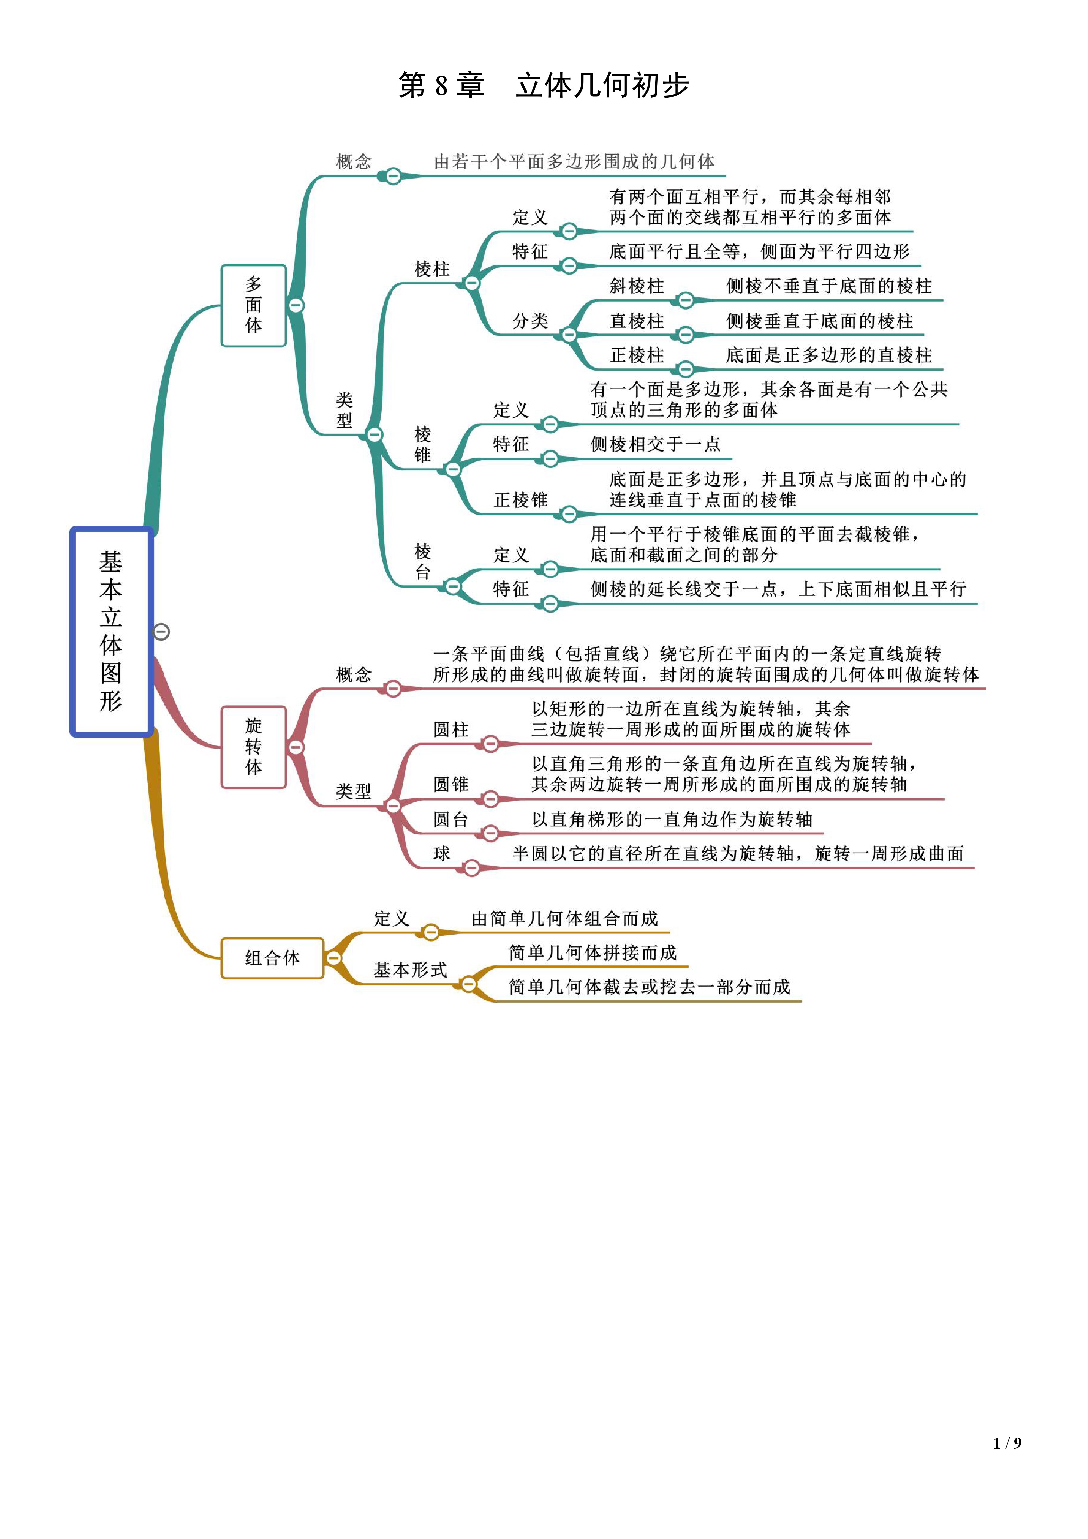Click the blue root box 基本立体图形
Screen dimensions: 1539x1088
pos(111,631)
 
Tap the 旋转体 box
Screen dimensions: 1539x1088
pos(253,747)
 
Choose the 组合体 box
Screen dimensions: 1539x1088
pos(272,958)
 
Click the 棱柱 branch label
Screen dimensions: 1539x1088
pos(432,269)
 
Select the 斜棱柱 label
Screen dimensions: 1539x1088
pos(636,286)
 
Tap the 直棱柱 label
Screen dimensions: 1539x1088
pos(636,321)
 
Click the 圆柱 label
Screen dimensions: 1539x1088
pos(450,729)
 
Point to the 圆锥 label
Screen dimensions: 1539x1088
pos(450,784)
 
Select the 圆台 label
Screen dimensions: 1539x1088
pos(450,819)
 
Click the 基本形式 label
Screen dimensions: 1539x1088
pos(410,969)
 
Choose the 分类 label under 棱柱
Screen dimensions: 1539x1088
pos(530,321)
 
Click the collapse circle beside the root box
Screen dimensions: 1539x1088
pos(162,631)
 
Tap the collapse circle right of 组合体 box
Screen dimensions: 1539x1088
pos(333,958)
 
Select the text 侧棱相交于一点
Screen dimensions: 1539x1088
pos(655,444)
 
